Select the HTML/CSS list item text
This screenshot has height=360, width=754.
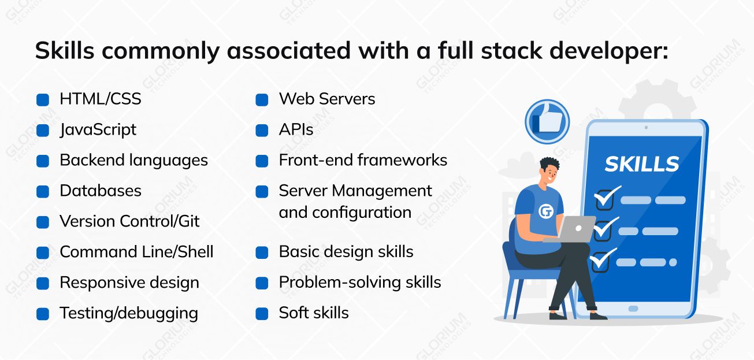(x=101, y=99)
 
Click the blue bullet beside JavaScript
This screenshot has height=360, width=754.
(x=43, y=130)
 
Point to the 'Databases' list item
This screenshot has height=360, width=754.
(x=101, y=191)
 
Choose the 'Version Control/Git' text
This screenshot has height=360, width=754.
(x=130, y=221)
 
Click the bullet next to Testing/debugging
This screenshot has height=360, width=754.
(x=43, y=314)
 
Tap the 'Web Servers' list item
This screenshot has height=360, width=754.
(x=327, y=99)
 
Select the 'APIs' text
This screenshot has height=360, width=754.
(x=296, y=130)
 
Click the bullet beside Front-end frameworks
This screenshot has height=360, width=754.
(x=262, y=161)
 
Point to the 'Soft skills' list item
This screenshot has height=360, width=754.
(x=314, y=313)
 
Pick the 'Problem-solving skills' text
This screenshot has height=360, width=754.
(x=360, y=283)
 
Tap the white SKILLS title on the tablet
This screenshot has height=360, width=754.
(x=642, y=164)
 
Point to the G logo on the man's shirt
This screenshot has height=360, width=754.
(x=545, y=212)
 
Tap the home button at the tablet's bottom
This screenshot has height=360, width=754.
(x=633, y=309)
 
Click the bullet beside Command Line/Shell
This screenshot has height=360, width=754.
(x=43, y=253)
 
